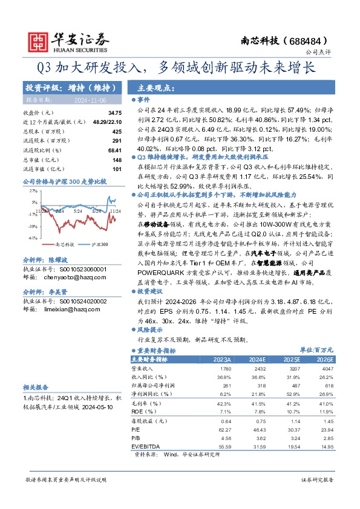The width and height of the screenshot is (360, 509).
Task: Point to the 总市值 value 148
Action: pyautogui.click(x=117, y=160)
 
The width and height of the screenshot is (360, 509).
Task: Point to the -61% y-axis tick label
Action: pyautogui.click(x=32, y=238)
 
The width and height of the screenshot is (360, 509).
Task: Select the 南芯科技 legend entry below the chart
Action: pyautogui.click(x=64, y=245)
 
